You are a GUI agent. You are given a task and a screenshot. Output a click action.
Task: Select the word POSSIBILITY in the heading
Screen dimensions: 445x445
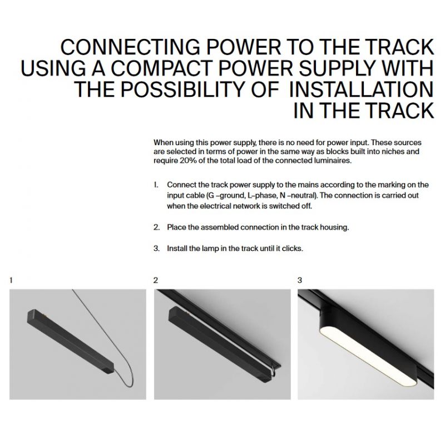coord(182,90)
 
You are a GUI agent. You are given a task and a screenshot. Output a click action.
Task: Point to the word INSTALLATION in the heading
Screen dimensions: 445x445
coord(361,90)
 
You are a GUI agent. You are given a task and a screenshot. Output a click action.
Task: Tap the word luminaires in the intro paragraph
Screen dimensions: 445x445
coord(335,161)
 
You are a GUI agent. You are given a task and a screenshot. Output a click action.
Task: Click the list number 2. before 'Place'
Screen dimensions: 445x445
coord(157,228)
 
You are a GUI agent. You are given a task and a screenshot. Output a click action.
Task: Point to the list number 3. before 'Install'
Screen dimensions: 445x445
coord(157,249)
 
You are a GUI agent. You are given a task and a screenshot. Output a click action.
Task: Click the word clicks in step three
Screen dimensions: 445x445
coord(293,249)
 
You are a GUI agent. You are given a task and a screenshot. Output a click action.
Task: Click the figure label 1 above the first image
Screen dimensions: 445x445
coord(11,280)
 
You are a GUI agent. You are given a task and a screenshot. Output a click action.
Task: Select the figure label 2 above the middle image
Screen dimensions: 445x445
coord(156,280)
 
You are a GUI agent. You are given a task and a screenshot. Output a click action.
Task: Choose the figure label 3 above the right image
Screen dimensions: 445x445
coord(300,280)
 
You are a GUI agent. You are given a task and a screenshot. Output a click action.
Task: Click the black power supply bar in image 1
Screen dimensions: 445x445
coord(71,341)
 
